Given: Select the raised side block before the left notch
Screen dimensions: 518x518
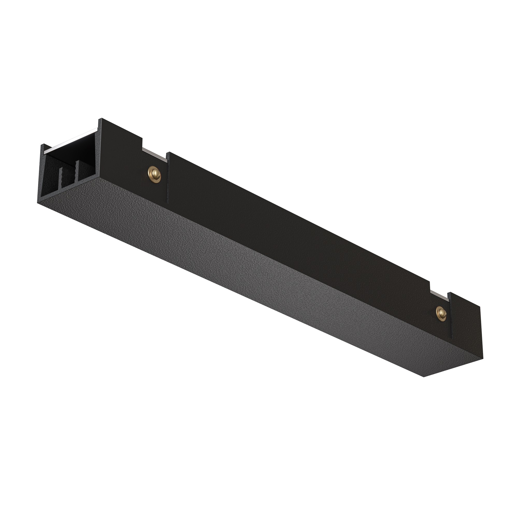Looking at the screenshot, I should coord(121,150).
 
